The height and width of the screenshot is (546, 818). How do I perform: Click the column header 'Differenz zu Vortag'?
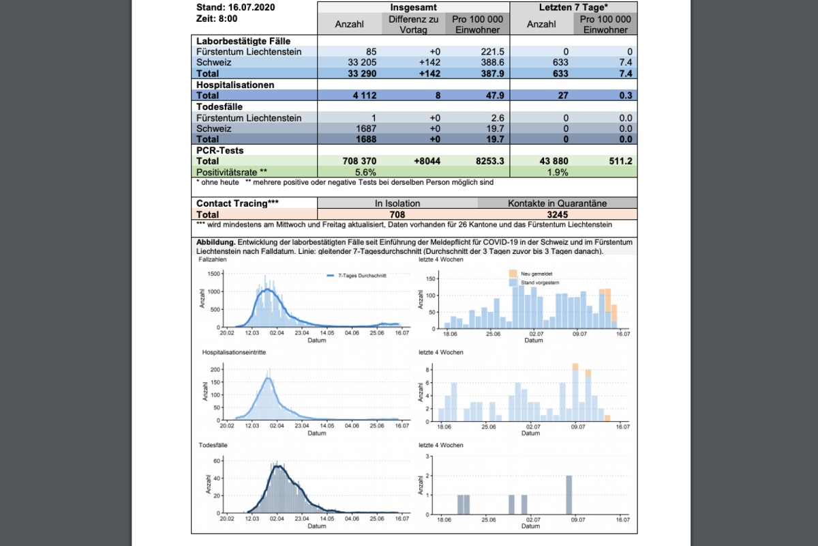click(x=414, y=25)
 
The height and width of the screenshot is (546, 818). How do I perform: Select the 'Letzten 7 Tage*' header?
click(x=573, y=8)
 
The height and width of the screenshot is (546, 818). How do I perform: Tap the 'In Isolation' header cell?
click(x=397, y=203)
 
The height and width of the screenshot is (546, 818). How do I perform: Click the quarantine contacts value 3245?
click(x=558, y=214)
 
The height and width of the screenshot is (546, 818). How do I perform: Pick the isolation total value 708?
click(x=397, y=214)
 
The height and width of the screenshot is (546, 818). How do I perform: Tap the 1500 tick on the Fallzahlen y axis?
click(x=213, y=273)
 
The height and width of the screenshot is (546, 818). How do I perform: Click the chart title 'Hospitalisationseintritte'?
click(x=234, y=352)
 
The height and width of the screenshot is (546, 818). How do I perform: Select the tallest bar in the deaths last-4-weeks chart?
click(x=569, y=495)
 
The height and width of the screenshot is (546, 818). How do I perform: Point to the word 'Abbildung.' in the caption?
click(x=216, y=242)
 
